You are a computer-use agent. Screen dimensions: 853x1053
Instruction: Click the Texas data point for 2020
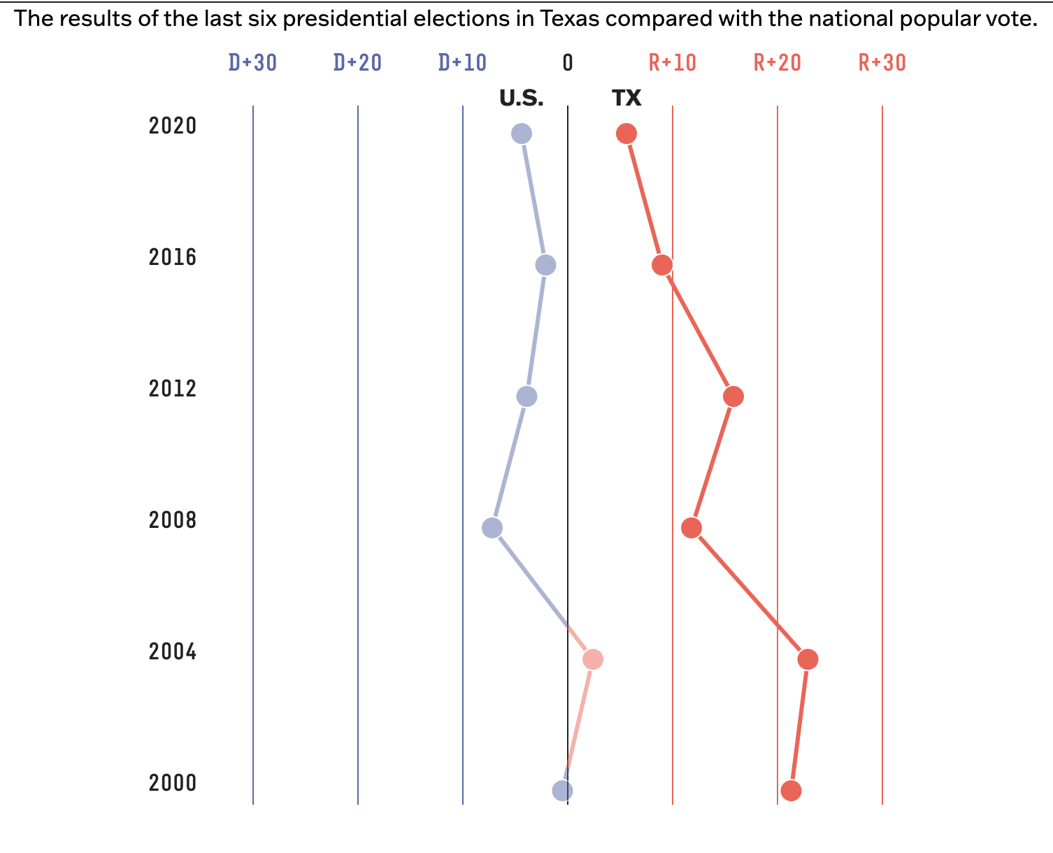pos(626,134)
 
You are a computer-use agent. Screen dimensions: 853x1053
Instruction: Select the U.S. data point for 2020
pos(522,134)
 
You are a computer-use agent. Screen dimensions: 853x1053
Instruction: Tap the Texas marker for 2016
pos(662,265)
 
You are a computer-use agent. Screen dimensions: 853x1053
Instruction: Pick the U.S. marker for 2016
pos(545,265)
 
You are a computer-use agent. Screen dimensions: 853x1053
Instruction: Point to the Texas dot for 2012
pos(733,396)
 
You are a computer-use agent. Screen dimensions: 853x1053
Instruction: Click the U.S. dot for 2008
pos(492,528)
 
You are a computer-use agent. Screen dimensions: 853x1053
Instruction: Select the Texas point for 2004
pos(808,659)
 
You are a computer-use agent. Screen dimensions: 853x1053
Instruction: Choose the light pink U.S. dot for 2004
pos(592,659)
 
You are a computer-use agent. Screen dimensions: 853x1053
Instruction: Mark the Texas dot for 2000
pos(791,791)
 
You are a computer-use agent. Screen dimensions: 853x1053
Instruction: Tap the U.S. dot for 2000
pos(562,791)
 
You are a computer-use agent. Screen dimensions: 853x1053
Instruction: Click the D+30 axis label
pos(252,63)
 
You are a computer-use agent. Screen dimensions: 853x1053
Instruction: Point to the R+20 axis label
pos(778,63)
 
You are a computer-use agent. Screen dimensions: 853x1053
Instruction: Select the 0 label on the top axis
pos(568,63)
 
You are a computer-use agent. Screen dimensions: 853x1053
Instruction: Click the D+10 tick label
pos(462,63)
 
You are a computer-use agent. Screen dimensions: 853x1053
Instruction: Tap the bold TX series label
pos(626,99)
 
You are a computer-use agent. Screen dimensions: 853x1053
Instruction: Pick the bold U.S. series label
pos(522,99)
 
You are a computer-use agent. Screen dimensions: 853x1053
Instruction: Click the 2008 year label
pos(173,520)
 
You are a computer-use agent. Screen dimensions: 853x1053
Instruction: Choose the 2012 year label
pos(173,389)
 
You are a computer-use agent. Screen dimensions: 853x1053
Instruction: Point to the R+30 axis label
pos(882,63)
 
